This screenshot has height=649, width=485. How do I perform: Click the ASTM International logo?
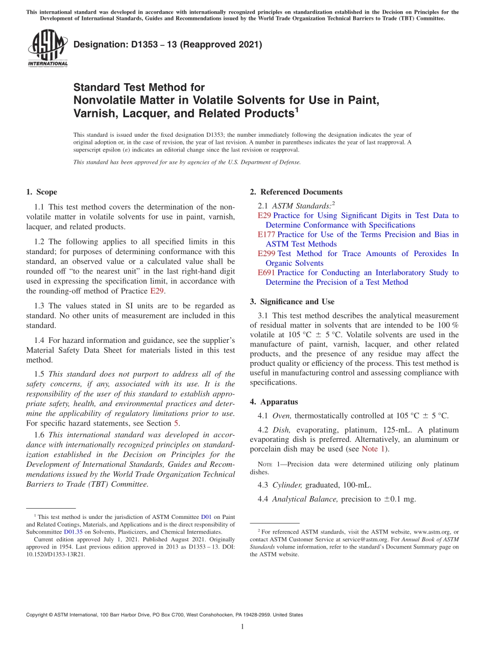(47, 48)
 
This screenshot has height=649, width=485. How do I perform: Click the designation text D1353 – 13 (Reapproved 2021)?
(167, 44)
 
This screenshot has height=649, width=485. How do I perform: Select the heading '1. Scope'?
(41, 192)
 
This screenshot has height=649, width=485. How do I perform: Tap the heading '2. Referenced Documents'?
(296, 192)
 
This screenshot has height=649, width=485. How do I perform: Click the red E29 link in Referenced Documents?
(264, 215)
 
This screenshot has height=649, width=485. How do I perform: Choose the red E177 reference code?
(266, 234)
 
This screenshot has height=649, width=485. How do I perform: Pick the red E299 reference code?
(266, 254)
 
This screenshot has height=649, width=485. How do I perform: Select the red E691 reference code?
(266, 272)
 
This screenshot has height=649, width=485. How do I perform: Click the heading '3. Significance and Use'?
(292, 302)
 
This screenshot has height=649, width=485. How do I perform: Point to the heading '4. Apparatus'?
(274, 402)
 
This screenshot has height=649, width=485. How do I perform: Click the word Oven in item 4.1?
(282, 415)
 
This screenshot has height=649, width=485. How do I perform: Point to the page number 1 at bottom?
(243, 627)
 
